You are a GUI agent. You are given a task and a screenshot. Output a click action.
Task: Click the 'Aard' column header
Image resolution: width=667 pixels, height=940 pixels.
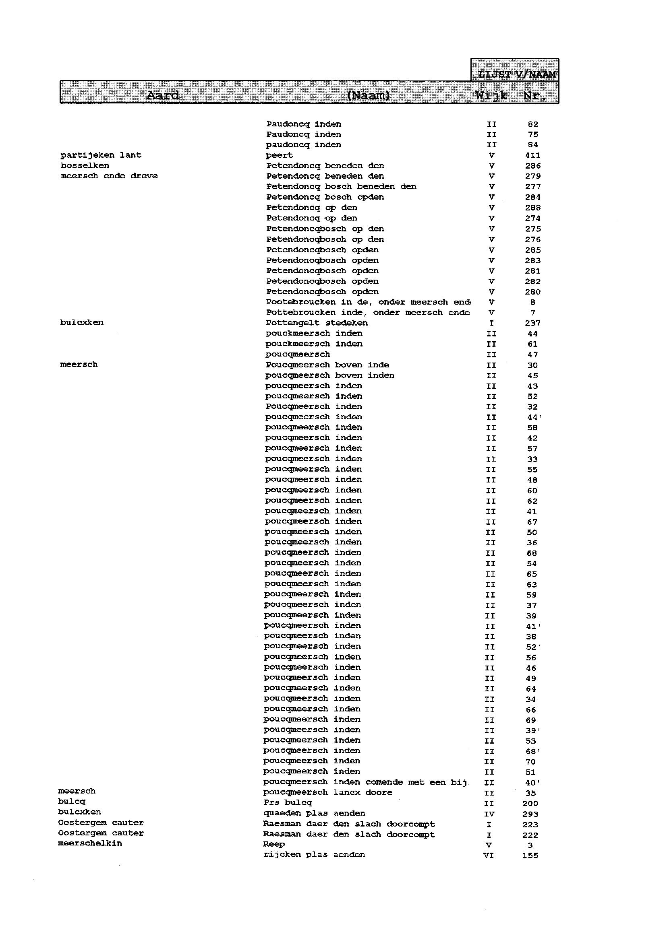tap(163, 96)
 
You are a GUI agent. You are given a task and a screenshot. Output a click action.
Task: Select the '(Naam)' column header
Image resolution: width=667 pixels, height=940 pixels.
tap(368, 96)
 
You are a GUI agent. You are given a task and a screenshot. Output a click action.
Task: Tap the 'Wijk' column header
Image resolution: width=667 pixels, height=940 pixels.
tap(491, 96)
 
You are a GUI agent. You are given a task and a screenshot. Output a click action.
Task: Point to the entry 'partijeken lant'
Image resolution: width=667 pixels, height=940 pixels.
tap(101, 155)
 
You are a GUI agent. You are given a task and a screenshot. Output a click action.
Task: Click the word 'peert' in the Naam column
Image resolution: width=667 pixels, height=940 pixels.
tap(279, 155)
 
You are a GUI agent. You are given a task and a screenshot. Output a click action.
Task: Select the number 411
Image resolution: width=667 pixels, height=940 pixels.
tap(533, 155)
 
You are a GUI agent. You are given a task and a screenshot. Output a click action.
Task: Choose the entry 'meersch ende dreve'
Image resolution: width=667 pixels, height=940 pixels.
tap(109, 176)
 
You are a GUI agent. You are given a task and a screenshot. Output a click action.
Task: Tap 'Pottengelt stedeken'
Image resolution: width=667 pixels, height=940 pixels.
tap(317, 323)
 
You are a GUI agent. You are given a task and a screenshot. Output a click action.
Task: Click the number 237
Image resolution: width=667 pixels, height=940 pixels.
tap(533, 323)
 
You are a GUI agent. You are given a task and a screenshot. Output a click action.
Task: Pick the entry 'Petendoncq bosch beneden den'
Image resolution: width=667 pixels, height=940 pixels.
tap(341, 187)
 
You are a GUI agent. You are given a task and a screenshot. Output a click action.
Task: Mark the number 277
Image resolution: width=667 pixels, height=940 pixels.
tap(533, 187)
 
